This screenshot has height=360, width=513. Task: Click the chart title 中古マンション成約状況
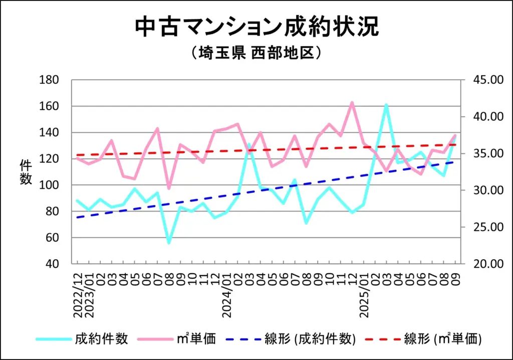click(256, 27)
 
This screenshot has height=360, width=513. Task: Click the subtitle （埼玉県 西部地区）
click(256, 53)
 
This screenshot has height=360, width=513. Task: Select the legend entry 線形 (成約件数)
click(311, 339)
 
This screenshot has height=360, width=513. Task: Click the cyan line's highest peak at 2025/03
click(386, 105)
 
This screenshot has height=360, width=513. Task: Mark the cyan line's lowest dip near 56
click(169, 243)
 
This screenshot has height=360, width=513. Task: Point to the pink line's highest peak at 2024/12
click(352, 102)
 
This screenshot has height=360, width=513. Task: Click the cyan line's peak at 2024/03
click(249, 144)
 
